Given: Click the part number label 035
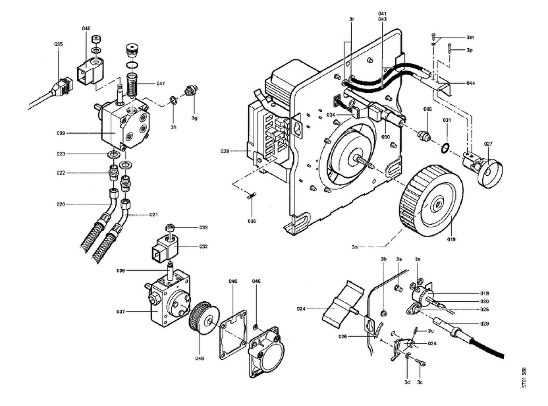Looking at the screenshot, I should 58,44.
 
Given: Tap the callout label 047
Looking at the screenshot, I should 161,84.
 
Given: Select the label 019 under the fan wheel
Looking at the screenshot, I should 451,240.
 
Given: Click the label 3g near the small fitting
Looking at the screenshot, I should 194,118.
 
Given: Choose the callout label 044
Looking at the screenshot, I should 470,83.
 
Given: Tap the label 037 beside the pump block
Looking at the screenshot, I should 120,311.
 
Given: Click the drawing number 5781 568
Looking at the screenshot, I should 524,378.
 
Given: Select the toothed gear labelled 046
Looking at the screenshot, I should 204,321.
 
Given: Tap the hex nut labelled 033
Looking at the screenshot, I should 170,227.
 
